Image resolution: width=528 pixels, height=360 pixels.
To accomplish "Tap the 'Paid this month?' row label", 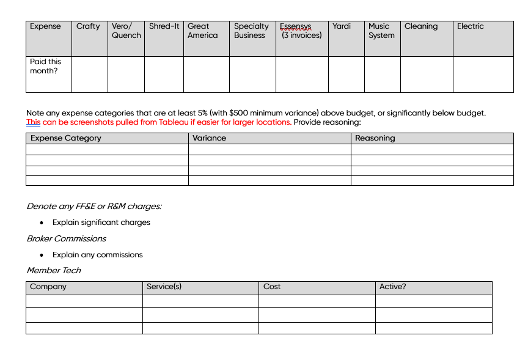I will coord(46,66).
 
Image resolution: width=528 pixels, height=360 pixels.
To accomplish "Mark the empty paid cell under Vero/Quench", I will coord(126,75).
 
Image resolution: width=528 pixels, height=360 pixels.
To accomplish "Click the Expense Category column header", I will coord(66,138).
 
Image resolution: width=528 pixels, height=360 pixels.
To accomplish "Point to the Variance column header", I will coord(209,138).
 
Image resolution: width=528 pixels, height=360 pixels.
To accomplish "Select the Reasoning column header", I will coord(375,138).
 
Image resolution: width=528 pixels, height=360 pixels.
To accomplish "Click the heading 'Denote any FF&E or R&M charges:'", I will coord(94,207).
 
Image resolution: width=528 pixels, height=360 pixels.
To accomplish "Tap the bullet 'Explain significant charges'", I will coord(101,222).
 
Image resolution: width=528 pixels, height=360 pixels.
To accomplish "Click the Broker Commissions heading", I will coord(66,238).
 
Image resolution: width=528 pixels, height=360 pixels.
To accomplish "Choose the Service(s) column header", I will coord(164,287).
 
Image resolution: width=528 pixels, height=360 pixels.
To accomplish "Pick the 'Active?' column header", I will coord(392,287).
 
